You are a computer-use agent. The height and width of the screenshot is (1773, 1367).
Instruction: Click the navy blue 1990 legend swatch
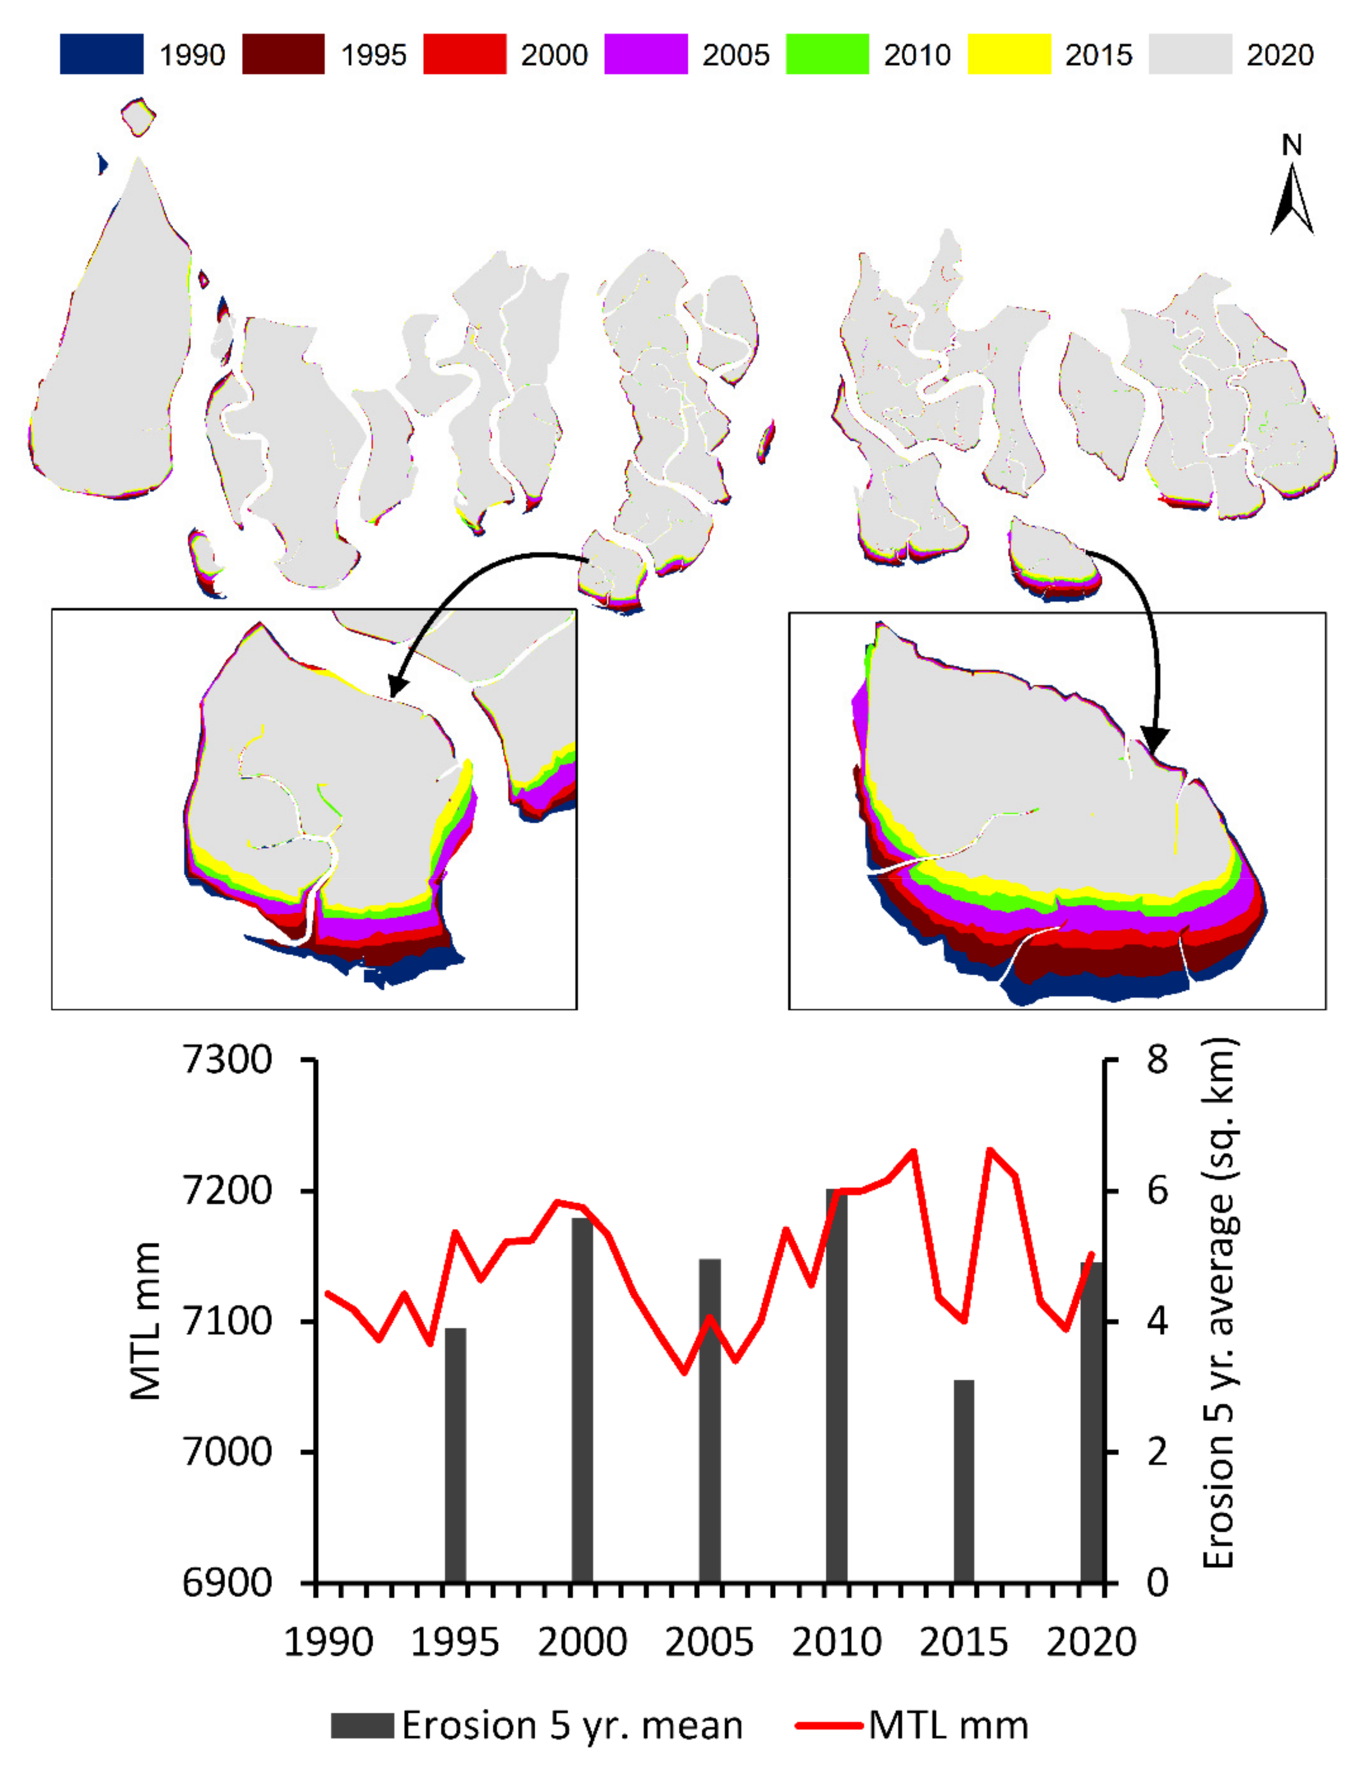pyautogui.click(x=102, y=54)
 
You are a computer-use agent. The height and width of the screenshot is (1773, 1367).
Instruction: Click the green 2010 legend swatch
pyautogui.click(x=827, y=54)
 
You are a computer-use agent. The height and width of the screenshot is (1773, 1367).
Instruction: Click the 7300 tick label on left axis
pyautogui.click(x=228, y=1060)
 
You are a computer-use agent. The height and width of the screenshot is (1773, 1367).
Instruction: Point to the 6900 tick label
pyautogui.click(x=228, y=1583)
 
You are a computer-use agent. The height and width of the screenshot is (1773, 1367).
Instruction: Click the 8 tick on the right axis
pyautogui.click(x=1157, y=1060)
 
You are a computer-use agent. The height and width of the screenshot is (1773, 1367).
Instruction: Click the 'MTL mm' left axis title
pyautogui.click(x=146, y=1322)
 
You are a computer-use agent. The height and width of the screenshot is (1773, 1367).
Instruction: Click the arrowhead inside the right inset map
pyautogui.click(x=1155, y=739)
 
